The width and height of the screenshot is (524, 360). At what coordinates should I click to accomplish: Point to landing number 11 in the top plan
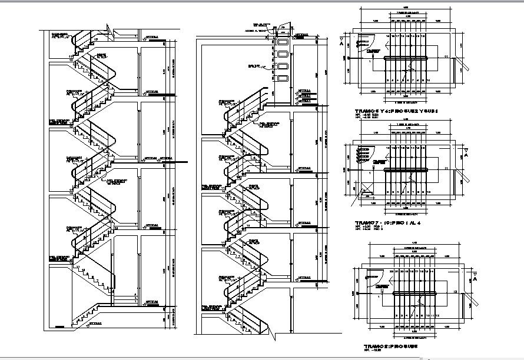[x=446, y=56]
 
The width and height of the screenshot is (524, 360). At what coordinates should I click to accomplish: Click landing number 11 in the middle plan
[x=446, y=169]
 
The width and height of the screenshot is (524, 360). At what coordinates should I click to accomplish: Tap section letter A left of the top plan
[x=341, y=42]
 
